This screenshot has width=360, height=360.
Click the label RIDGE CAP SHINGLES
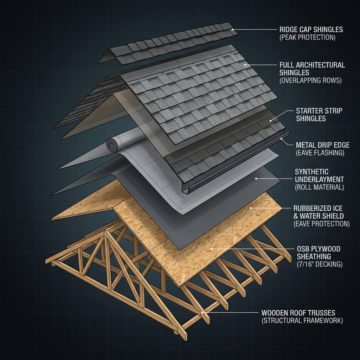[x=311, y=30]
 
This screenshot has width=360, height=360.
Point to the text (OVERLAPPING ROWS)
[x=310, y=81]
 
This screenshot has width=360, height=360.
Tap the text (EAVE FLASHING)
[x=320, y=153]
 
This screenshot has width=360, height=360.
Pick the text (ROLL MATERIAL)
[x=319, y=187]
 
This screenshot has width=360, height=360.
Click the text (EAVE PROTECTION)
[x=321, y=224]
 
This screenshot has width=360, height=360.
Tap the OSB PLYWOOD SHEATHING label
[x=319, y=253]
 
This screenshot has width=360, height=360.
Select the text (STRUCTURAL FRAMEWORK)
[x=302, y=321]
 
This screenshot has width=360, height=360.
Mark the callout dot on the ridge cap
[x=232, y=30]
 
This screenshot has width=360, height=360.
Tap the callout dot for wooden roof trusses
[x=202, y=312]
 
